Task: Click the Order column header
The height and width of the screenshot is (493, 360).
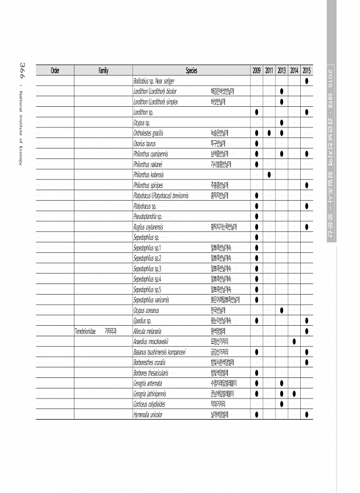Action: (x=55, y=70)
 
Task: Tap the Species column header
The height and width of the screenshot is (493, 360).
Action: (x=191, y=70)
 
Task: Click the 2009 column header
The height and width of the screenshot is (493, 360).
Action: (x=257, y=70)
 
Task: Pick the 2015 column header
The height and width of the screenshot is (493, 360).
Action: (x=307, y=70)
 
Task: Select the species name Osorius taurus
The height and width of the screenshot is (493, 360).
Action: (x=145, y=143)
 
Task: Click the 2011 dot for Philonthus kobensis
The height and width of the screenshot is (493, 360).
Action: (x=269, y=175)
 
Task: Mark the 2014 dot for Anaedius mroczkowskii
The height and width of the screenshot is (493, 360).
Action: (x=294, y=342)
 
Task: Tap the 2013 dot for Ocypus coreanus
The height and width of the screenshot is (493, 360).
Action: (x=282, y=310)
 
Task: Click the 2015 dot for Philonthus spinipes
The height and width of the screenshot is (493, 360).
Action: (x=307, y=185)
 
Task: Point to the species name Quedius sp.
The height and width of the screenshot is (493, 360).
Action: (x=143, y=320)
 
